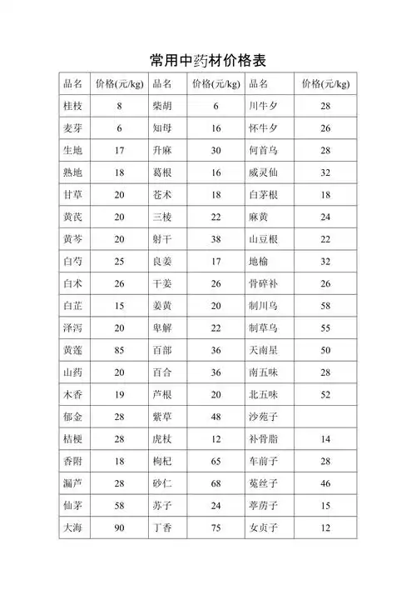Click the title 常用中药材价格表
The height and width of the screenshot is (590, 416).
coord(208,60)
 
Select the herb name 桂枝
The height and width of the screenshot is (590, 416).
coord(73,107)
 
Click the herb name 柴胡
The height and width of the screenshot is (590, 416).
coord(162,107)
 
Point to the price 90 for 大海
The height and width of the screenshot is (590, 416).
coord(119,527)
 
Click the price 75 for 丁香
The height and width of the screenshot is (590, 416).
coord(215,527)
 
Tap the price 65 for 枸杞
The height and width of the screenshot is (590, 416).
coord(215,460)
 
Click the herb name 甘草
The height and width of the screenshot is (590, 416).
coord(73,194)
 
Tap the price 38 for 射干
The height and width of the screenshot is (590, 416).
coord(215,239)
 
